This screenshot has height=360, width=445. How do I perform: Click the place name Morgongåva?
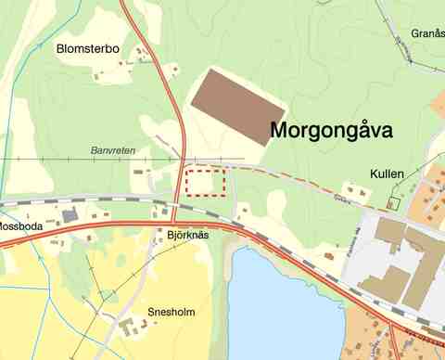(x=331, y=132)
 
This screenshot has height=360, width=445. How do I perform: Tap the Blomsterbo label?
(x=89, y=48)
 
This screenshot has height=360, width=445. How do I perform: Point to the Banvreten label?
(x=113, y=148)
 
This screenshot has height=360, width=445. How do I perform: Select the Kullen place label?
(x=386, y=174)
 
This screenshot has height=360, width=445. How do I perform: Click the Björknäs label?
(x=190, y=236)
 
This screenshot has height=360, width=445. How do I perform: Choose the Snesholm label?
(x=172, y=313)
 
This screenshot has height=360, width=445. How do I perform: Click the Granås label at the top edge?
(x=428, y=33)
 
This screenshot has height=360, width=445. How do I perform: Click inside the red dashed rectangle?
(x=206, y=183)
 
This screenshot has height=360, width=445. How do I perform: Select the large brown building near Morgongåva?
(x=237, y=105)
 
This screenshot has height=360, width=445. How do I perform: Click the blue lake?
(x=283, y=306)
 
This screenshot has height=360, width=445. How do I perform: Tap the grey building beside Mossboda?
(x=69, y=215)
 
